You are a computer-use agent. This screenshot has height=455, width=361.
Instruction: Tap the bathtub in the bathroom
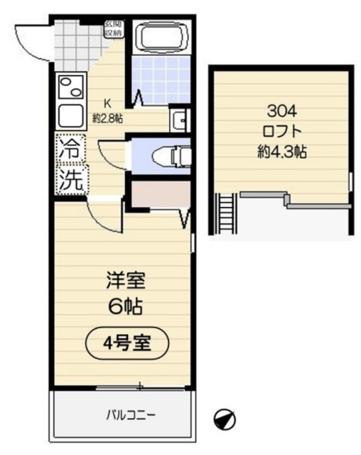pos(161,38)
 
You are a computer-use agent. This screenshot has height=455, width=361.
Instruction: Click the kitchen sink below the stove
pos(70,114)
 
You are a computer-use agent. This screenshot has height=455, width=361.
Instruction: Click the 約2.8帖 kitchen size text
pos(108,119)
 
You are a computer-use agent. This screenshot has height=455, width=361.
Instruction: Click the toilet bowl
pos(170,153)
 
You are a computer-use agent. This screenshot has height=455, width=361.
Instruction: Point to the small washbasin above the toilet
pos(178,119)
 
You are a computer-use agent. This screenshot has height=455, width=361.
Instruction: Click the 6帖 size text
pos(123,307)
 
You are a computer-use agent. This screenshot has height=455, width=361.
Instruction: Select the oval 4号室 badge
pos(127,343)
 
